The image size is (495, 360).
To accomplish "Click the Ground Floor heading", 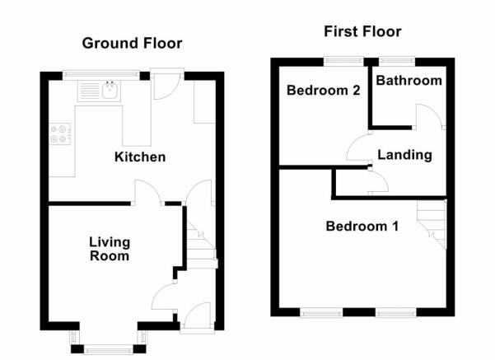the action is click(132, 44).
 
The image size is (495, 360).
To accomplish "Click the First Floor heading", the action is click(362, 31).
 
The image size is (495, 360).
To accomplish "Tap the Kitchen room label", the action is click(140, 157).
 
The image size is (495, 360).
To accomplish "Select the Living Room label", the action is click(110, 249).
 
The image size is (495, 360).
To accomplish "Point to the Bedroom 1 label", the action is click(362, 226).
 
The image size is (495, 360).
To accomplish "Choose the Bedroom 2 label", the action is click(323, 91).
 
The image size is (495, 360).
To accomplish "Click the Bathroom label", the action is click(409, 81).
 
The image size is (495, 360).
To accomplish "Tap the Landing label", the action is click(405, 155).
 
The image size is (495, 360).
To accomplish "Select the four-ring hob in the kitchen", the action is click(60, 134).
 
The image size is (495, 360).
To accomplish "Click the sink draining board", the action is click(90, 91).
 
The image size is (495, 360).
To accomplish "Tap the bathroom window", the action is click(397, 61).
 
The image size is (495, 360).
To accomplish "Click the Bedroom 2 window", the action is click(343, 61).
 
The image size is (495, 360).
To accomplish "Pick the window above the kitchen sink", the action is click(101, 75).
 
